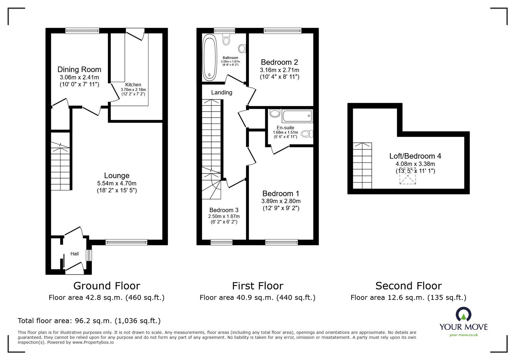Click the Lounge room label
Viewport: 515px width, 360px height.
pos(117,176)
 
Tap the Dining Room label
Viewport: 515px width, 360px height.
pos(79,69)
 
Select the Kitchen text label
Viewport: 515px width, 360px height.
pos(133,85)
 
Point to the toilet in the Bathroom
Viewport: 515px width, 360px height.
pos(227,40)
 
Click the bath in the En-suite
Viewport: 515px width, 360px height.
pos(297,116)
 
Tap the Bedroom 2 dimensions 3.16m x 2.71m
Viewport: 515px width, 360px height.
pos(279,70)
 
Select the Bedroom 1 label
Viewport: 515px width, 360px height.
pos(281,194)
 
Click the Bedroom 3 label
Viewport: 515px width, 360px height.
pos(224,210)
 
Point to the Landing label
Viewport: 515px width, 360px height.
pos(221,93)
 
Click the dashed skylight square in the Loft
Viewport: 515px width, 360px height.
pos(408,176)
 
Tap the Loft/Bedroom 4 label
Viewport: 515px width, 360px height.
pos(415,156)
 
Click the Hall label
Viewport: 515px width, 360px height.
pos(75,254)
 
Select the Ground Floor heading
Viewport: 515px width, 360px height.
pos(107,286)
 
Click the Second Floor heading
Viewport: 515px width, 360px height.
pos(408,286)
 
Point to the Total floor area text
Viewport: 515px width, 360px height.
pos(89,321)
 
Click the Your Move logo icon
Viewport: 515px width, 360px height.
pos(463,315)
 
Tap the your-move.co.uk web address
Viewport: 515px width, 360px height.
pos(464,335)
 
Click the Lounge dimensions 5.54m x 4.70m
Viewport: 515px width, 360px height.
pos(117,183)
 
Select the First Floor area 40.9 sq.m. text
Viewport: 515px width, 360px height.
pos(257,298)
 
